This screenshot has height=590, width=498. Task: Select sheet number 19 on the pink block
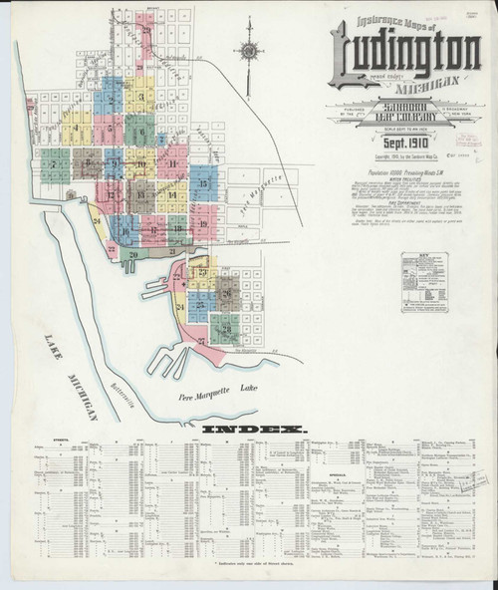pyautogui.click(x=203, y=223)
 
